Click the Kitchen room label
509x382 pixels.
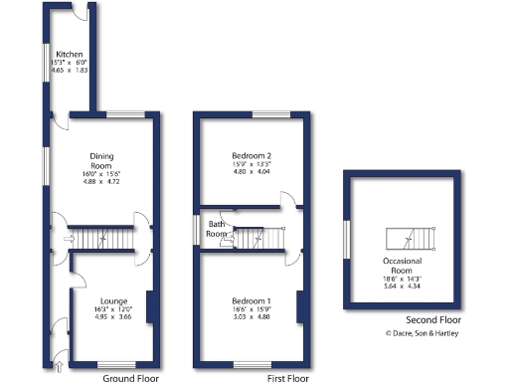coord(69,55)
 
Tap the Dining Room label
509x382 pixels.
coord(101,161)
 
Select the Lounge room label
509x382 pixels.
coord(112,299)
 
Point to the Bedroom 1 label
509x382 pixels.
coord(252,300)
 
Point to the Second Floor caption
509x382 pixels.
coord(433,320)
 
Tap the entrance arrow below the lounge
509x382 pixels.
coord(58,368)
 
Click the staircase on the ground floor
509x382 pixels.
coord(99,238)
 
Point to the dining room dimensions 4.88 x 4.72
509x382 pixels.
coord(101,182)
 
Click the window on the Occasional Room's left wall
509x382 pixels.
coord(345,239)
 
